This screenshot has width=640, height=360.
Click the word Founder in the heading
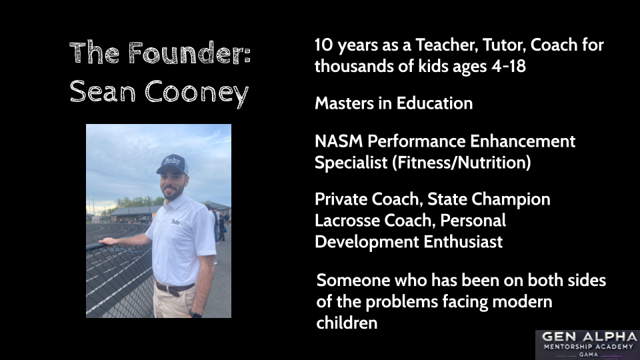(189, 53)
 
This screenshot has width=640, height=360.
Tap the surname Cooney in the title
(197, 93)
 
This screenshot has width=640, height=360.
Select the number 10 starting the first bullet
(324, 45)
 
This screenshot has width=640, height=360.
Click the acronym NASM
(339, 141)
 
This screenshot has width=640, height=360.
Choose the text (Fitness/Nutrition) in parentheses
(461, 163)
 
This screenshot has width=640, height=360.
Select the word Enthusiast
(463, 241)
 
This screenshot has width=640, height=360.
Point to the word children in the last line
(347, 323)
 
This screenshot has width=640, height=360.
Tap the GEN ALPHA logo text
(589, 337)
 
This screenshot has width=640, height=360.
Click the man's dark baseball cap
(173, 164)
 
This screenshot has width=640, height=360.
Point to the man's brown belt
(174, 288)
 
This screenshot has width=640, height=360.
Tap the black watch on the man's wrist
(195, 314)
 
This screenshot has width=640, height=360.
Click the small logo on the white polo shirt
(175, 221)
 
